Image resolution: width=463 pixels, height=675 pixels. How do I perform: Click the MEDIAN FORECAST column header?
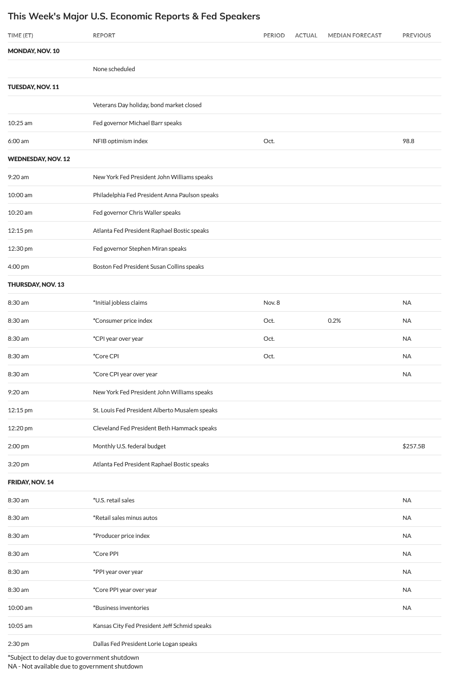tap(354, 35)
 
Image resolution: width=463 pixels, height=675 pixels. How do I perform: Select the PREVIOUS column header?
tap(416, 35)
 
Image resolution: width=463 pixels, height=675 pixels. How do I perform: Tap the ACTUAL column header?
tap(306, 35)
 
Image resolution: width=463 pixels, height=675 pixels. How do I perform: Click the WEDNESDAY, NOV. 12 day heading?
tap(39, 159)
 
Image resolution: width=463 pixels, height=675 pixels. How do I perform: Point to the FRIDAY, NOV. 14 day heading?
tap(31, 482)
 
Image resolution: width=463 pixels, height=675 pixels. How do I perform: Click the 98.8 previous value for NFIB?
tap(408, 141)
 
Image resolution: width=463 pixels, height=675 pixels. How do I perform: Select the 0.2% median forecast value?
tap(334, 320)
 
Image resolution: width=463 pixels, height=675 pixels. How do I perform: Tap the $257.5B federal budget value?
tap(413, 446)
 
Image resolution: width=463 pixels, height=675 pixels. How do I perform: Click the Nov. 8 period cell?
tap(271, 302)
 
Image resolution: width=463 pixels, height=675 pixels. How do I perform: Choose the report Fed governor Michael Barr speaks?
tap(137, 123)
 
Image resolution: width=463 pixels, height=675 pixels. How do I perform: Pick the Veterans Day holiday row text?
tap(147, 105)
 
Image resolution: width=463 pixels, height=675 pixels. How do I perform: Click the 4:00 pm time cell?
tap(18, 266)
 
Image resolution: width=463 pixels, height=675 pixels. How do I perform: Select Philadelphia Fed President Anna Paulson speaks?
tap(155, 195)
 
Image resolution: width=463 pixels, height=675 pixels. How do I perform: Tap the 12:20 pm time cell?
tap(20, 428)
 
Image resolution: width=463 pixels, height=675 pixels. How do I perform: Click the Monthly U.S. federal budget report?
tap(129, 446)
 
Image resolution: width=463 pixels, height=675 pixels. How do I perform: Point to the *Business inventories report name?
tap(121, 608)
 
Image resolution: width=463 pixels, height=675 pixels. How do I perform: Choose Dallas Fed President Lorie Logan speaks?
tap(145, 644)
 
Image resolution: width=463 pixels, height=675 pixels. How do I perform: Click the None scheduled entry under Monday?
tap(114, 69)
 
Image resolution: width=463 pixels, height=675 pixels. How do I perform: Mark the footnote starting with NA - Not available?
tap(75, 666)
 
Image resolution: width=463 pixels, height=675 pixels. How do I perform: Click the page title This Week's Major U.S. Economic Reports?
tap(134, 16)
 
